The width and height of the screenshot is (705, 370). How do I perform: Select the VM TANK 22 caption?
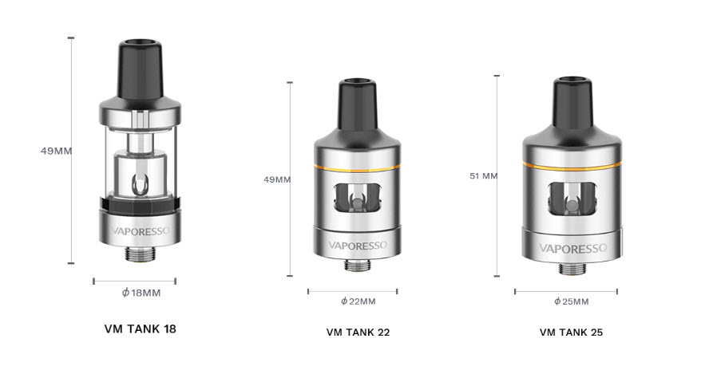tap(358, 332)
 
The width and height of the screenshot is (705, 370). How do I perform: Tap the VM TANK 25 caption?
tap(571, 332)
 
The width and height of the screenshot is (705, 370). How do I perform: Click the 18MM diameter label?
tap(141, 293)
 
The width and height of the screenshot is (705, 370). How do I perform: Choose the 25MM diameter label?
tap(571, 301)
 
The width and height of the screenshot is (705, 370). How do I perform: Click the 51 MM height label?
tap(484, 175)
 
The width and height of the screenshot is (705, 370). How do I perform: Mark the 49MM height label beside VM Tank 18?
tap(57, 150)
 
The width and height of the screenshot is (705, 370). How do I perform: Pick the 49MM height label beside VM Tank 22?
tap(277, 179)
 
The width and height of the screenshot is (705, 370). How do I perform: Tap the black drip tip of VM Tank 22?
tap(353, 104)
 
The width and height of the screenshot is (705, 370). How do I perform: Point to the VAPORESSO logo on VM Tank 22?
tap(353, 245)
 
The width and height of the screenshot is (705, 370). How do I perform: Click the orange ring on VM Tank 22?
tap(353, 169)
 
